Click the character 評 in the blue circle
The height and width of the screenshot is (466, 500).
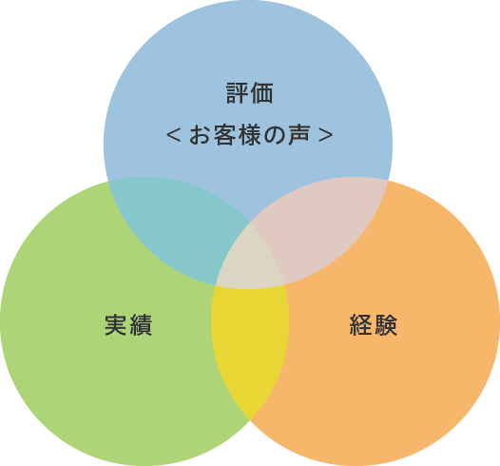[238, 93]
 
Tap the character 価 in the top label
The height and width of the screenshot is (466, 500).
[261, 93]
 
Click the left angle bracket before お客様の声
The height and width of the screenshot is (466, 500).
[174, 135]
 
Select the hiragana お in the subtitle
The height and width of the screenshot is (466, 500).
[200, 135]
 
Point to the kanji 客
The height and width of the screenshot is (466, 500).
[224, 135]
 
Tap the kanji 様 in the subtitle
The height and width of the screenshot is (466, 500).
[250, 135]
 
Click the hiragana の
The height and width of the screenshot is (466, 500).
[274, 136]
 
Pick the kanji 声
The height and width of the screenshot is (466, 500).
[298, 135]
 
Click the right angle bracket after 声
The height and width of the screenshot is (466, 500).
[326, 135]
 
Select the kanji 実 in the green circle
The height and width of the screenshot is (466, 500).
[116, 324]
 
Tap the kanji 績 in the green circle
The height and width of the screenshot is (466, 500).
[141, 324]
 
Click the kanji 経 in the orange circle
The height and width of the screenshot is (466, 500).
[361, 324]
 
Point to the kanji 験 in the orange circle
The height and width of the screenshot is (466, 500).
[386, 324]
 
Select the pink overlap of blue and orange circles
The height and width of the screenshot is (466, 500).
[322, 223]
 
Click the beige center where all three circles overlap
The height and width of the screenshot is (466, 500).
[250, 262]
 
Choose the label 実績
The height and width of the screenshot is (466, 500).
[128, 324]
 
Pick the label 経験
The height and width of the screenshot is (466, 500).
[374, 324]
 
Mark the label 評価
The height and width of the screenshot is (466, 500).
[250, 93]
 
